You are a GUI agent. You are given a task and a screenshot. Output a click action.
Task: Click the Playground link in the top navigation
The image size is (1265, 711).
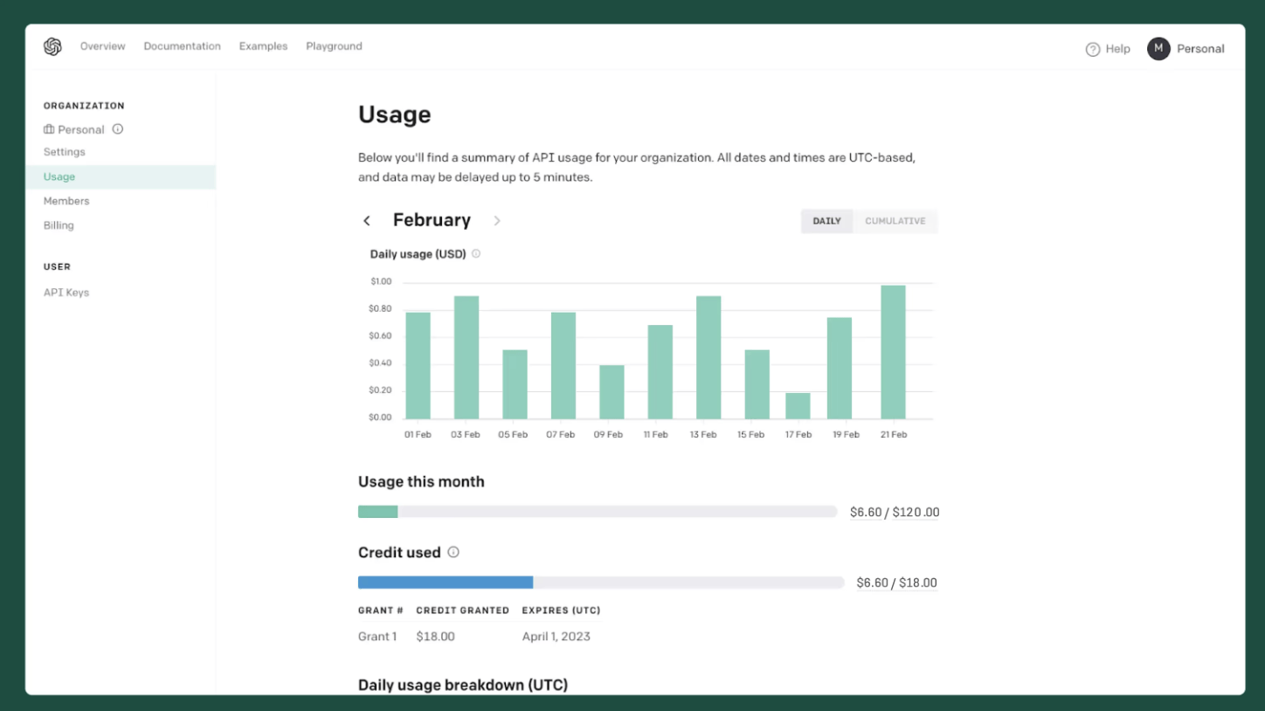click(334, 46)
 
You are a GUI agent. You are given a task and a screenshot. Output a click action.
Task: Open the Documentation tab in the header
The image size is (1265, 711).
click(182, 46)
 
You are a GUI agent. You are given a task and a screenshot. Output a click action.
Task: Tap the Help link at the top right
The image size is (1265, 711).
click(1108, 49)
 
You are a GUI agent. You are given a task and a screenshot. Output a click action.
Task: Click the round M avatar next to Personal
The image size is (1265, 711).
click(1158, 49)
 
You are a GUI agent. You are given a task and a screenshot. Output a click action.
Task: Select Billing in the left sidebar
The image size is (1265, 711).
click(59, 225)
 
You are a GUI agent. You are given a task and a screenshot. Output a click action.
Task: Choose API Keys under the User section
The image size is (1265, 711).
click(66, 293)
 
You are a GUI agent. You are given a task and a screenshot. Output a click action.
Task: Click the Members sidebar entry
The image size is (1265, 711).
click(66, 201)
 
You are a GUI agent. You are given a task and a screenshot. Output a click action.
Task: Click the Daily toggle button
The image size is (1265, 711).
click(826, 221)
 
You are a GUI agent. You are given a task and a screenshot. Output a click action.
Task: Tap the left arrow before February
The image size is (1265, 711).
click(367, 221)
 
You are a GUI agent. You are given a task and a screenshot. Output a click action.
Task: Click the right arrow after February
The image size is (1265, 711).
click(497, 221)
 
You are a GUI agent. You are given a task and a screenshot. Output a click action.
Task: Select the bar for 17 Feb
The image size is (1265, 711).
click(798, 406)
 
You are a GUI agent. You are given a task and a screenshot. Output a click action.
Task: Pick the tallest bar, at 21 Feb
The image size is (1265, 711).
click(893, 352)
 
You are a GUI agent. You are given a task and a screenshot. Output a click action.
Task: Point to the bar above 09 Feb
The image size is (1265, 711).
click(612, 392)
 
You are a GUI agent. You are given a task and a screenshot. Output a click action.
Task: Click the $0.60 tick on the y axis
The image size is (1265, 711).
click(381, 336)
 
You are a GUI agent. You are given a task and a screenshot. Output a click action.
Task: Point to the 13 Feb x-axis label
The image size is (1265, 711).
click(702, 434)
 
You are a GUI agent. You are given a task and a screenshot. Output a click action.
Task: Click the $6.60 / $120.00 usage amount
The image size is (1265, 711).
click(894, 513)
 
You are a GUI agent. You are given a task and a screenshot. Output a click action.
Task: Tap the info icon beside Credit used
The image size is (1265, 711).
click(453, 552)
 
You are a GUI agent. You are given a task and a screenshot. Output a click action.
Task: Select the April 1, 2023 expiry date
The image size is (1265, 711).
click(556, 637)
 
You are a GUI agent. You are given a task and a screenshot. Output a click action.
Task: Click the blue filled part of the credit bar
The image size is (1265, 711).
click(445, 583)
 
